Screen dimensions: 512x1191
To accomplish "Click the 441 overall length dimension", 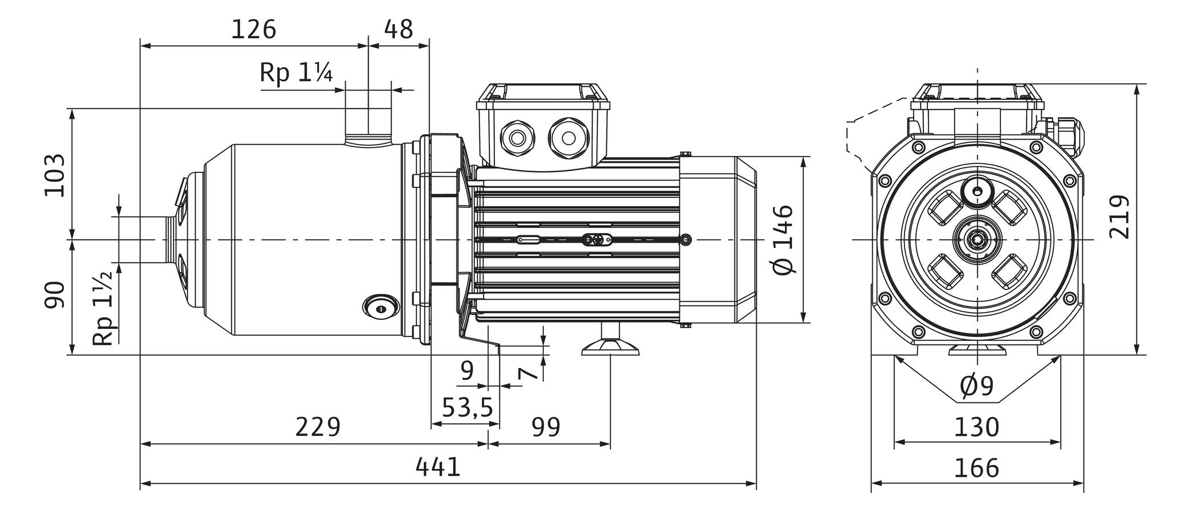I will tap(438, 467).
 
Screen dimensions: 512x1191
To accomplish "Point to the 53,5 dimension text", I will tap(467, 408).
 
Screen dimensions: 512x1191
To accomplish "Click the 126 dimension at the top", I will tap(253, 29).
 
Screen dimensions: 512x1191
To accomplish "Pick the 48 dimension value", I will tap(398, 29).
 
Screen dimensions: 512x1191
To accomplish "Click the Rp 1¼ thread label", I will tap(296, 73).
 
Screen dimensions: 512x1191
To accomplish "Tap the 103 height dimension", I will tap(56, 175).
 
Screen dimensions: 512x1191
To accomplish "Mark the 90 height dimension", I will tap(56, 296).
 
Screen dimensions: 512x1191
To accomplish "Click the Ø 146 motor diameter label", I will tap(784, 239).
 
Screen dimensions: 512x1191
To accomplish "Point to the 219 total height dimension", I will tap(1119, 217).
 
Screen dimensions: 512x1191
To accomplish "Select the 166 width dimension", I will tap(976, 468).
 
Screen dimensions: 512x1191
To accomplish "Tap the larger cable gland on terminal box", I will tap(569, 138).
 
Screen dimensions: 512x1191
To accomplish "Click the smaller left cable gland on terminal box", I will tap(517, 138).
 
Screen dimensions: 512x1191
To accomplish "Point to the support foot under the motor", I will tap(610, 344).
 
